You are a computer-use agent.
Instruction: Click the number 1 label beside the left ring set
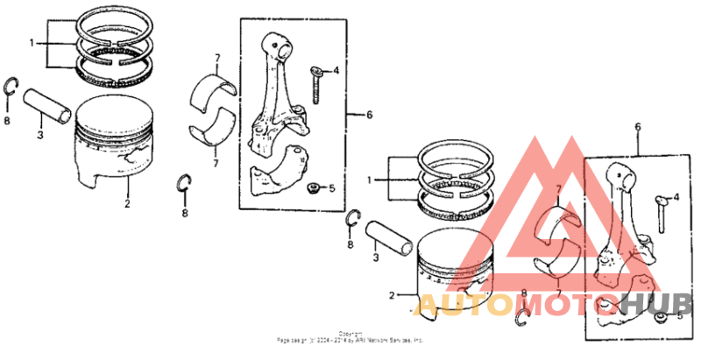pos(32,42)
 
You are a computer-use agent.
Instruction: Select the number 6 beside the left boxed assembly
pos(369,115)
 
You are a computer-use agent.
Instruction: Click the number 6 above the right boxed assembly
pos(637,127)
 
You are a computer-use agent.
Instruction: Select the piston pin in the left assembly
pos(48,104)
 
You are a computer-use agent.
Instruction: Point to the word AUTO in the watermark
pos(464,305)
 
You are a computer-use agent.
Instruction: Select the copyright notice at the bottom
pos(350,337)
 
